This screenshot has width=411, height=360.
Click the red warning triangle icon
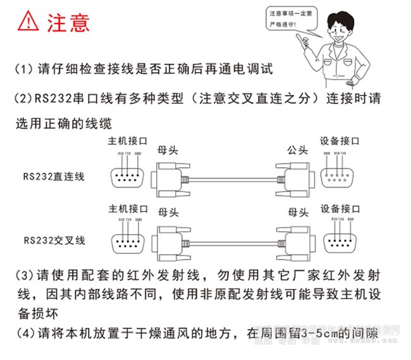[x=28, y=22]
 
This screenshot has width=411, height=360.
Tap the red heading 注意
[x=68, y=22]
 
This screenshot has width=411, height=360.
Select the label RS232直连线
[x=54, y=177]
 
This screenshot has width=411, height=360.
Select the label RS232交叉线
[x=54, y=240]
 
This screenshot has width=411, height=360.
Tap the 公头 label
[x=297, y=149]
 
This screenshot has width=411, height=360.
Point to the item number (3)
[x=25, y=276]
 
